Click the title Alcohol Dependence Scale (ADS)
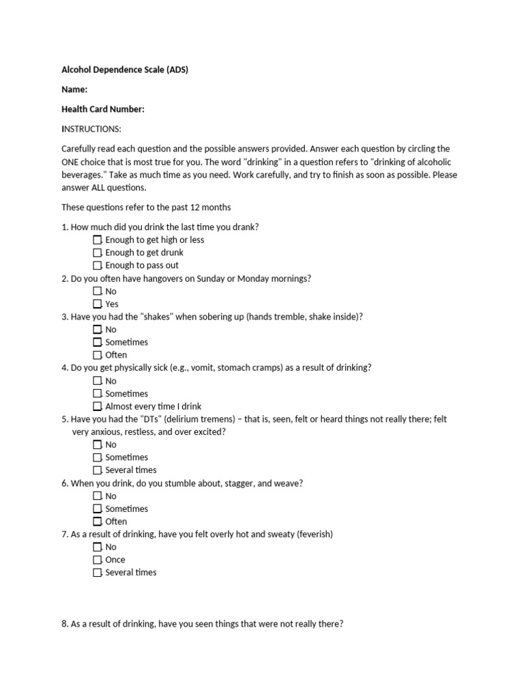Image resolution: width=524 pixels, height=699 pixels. click(125, 70)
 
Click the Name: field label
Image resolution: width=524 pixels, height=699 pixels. click(74, 89)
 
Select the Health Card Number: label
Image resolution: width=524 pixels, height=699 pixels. click(103, 109)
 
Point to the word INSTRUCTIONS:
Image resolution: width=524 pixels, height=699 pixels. click(91, 129)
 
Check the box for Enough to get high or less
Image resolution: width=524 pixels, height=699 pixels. click(97, 240)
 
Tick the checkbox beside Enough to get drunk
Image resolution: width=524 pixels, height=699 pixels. click(97, 253)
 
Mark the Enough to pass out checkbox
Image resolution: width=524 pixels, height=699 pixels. click(97, 266)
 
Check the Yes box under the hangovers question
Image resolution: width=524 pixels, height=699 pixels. click(97, 304)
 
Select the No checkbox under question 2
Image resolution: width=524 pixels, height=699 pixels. click(97, 291)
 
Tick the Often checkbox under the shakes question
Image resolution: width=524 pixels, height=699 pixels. click(97, 355)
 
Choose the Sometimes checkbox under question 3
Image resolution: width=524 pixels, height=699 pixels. click(97, 342)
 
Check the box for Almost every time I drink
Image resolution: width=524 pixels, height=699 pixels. click(97, 406)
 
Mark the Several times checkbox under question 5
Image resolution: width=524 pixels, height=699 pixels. click(97, 470)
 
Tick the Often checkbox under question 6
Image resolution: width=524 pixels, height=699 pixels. click(97, 522)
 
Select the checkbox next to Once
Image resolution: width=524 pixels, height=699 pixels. click(97, 560)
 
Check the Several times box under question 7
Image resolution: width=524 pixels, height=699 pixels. click(97, 573)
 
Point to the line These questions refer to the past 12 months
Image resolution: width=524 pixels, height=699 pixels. click(146, 208)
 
